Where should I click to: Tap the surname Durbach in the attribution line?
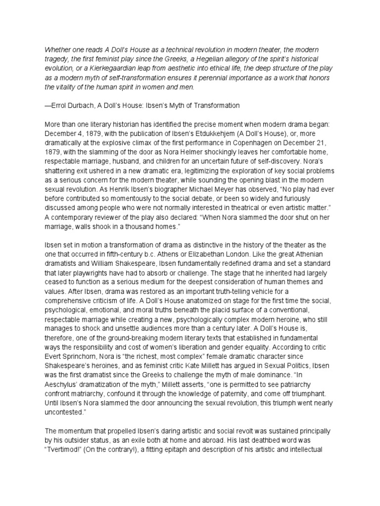click(82, 105)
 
